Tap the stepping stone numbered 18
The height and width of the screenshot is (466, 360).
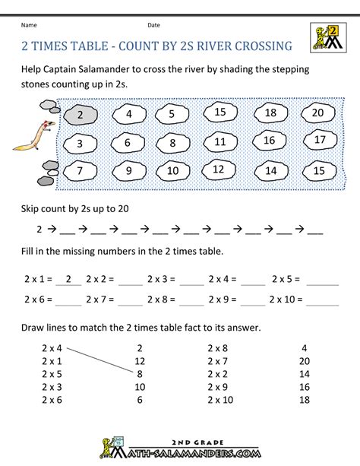pyautogui.click(x=271, y=113)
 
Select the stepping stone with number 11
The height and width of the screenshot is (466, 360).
pyautogui.click(x=219, y=141)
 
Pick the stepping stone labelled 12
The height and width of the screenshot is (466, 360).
pyautogui.click(x=217, y=170)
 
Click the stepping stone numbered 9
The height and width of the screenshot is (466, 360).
pyautogui.click(x=128, y=171)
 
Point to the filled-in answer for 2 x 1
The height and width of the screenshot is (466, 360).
pyautogui.click(x=69, y=279)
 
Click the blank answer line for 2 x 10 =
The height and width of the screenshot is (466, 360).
pyautogui.click(x=324, y=301)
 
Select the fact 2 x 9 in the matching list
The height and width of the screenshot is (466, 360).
pyautogui.click(x=219, y=387)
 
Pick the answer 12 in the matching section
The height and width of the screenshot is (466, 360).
pyautogui.click(x=139, y=360)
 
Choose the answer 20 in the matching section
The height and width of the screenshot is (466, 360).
pyautogui.click(x=304, y=360)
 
